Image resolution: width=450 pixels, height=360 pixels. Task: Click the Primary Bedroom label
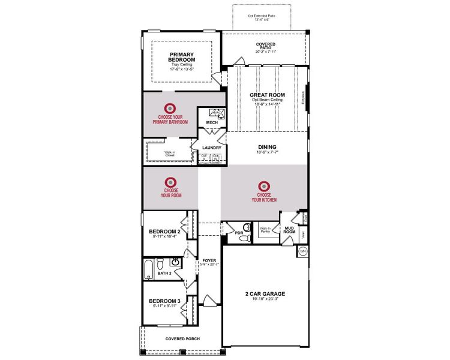(x=182, y=57)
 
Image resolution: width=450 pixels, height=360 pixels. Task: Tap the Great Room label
(x=267, y=95)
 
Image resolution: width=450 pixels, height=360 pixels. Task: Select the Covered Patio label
(x=265, y=44)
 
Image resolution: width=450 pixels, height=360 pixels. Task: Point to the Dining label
(x=267, y=146)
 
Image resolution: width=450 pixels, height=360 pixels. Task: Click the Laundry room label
(x=212, y=148)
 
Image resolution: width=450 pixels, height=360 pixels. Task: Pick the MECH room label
(x=212, y=122)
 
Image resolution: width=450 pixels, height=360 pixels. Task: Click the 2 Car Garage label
(x=265, y=293)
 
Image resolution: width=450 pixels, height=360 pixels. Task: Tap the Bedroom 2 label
(x=165, y=232)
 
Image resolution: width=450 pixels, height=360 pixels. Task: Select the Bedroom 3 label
(x=165, y=301)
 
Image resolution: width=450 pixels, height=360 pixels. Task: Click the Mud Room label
(x=289, y=230)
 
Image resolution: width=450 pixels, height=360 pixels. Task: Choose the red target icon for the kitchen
(x=265, y=187)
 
